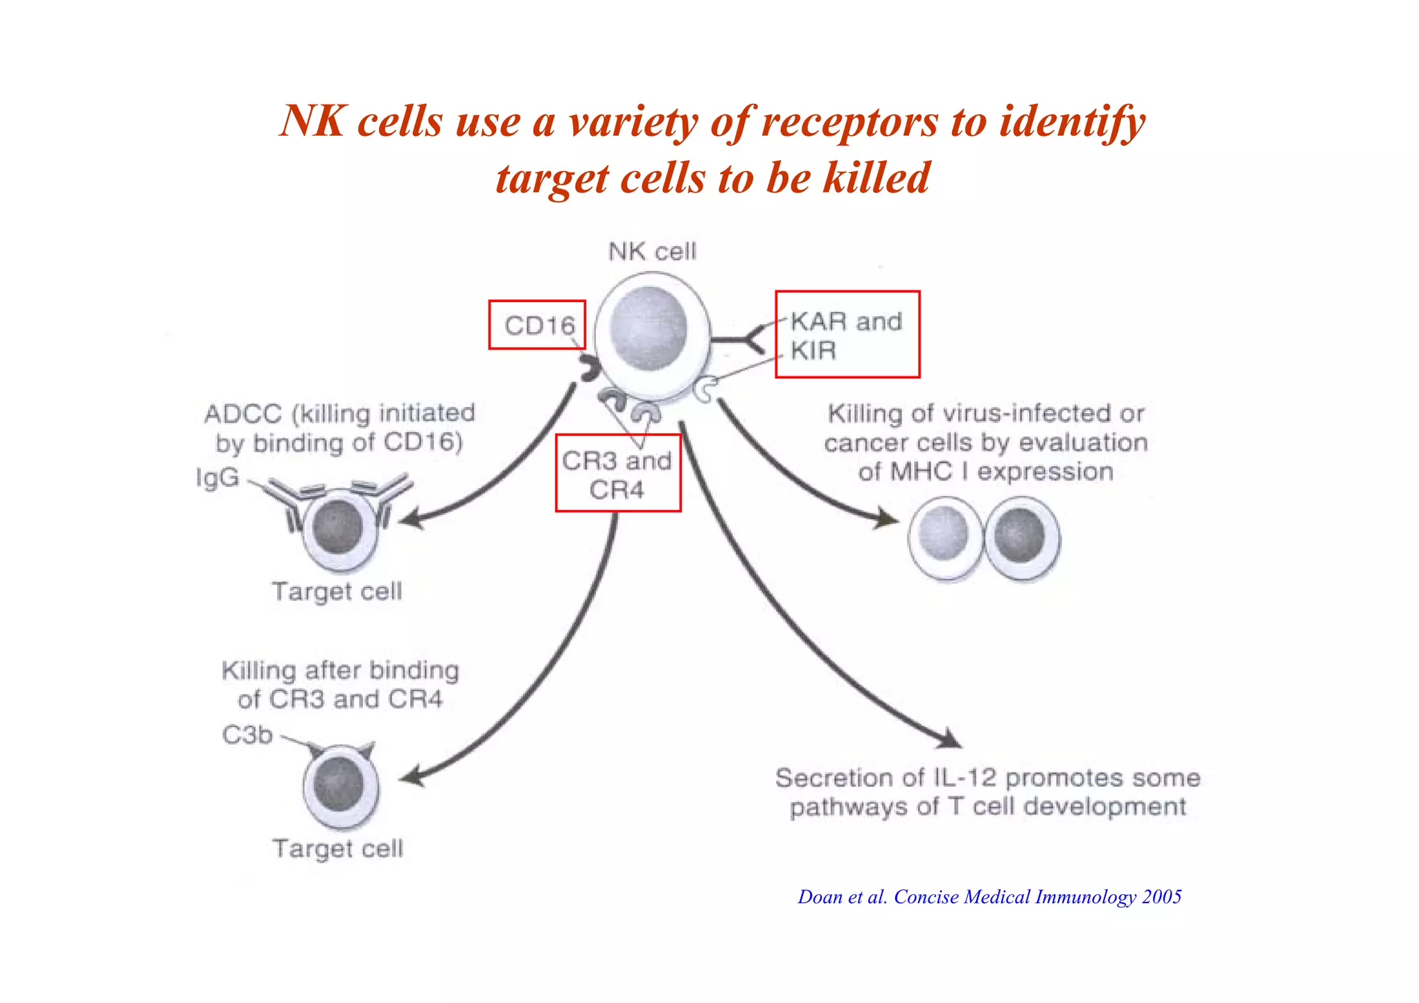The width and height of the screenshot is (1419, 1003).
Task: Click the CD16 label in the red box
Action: point(538,325)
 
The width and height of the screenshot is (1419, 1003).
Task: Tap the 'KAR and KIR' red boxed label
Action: point(847,335)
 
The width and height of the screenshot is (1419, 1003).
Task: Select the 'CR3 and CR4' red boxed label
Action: point(617,474)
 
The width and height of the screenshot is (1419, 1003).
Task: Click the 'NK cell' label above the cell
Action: point(651,251)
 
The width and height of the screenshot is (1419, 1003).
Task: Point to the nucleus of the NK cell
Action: point(649,329)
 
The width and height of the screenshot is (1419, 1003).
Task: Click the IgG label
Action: point(218,478)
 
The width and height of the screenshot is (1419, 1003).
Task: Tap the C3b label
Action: point(247,734)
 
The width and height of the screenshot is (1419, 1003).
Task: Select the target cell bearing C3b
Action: point(341,786)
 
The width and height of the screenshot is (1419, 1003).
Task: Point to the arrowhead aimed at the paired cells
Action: point(887,518)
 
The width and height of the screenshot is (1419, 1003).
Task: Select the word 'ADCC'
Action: point(243,414)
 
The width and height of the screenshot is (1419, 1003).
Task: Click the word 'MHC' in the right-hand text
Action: point(921,472)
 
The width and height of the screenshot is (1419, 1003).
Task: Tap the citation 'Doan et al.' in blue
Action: point(842,897)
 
